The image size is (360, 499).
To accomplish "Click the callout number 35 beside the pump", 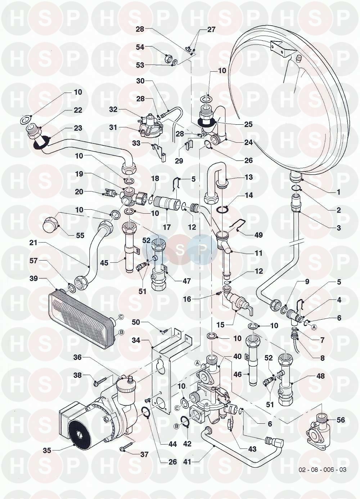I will click(47, 450).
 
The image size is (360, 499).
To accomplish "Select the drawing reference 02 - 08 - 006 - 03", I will click(322, 470).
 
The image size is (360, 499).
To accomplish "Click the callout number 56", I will click(340, 420).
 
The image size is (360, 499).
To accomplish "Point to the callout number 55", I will click(80, 235).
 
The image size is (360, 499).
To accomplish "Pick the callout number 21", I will click(33, 242).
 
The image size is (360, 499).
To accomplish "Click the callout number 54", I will click(140, 47).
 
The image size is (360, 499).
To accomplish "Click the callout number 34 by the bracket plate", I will click(136, 340).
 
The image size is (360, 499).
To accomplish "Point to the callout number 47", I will click(186, 281).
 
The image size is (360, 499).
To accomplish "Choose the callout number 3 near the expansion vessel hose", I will click(338, 228).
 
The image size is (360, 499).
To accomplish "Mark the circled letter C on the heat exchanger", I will click(121, 317).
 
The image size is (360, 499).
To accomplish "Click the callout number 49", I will click(258, 235).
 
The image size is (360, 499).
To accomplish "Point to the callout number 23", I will click(78, 128).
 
